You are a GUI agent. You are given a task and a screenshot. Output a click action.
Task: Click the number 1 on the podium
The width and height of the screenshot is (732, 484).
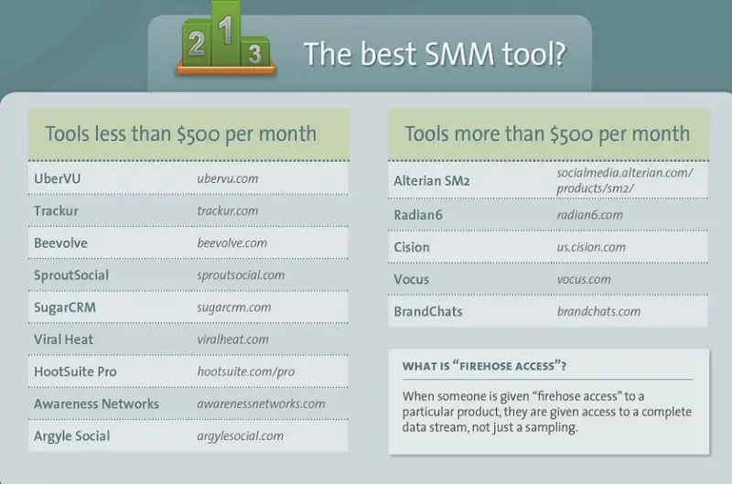(x=226, y=30)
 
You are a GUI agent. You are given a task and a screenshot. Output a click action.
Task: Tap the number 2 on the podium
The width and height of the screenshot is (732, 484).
(x=197, y=43)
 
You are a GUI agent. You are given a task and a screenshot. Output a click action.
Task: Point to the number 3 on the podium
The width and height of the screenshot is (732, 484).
(x=255, y=54)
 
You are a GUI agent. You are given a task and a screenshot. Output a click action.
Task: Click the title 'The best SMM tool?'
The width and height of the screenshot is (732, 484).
(x=436, y=54)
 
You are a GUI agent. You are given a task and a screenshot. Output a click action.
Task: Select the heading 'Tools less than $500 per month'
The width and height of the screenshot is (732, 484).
(x=181, y=134)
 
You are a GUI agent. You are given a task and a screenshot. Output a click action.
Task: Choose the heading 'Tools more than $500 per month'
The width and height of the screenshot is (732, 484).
(x=547, y=134)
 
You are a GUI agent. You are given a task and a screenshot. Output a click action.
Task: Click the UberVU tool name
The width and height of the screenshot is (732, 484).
(x=58, y=178)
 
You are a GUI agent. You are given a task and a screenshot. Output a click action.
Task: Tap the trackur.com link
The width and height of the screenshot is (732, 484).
(x=227, y=210)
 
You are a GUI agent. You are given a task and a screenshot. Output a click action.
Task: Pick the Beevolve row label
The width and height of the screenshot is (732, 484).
(x=60, y=242)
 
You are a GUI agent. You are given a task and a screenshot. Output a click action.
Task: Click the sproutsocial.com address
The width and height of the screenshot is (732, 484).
(x=241, y=275)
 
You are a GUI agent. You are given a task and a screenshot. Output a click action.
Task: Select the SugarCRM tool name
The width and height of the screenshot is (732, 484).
(x=65, y=307)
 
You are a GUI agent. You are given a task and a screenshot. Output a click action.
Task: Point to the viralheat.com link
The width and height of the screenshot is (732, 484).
(x=233, y=339)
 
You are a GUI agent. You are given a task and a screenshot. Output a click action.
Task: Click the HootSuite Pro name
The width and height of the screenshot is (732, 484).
(x=75, y=371)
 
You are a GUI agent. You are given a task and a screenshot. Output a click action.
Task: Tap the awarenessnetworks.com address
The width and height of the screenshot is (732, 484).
(x=261, y=403)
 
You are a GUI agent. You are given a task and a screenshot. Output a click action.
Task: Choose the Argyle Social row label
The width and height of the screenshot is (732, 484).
(x=72, y=436)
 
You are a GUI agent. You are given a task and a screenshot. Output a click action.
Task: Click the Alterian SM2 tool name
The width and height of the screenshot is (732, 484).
(x=431, y=180)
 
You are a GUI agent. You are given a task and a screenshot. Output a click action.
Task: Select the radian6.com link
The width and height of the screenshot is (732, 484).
(x=589, y=215)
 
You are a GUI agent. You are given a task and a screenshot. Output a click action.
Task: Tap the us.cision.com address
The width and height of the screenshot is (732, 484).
(x=591, y=247)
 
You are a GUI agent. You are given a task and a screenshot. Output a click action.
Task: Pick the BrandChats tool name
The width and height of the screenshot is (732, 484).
(x=428, y=311)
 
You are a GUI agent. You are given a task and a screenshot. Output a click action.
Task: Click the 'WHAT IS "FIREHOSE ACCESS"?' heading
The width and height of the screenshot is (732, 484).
(x=485, y=366)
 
